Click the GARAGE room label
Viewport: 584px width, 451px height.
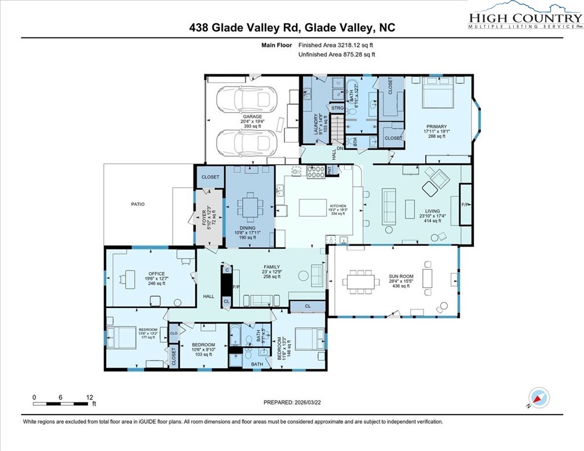coord(252,117)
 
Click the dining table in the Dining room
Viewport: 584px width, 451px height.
coord(250,207)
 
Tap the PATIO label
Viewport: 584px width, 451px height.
coord(137,204)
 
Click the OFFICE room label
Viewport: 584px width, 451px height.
coord(156,274)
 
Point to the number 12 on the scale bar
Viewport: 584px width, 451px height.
coord(90,397)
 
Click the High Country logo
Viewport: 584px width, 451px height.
coord(524,16)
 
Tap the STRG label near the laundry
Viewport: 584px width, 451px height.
coord(337,108)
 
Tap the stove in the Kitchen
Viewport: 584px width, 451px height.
coord(316,172)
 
